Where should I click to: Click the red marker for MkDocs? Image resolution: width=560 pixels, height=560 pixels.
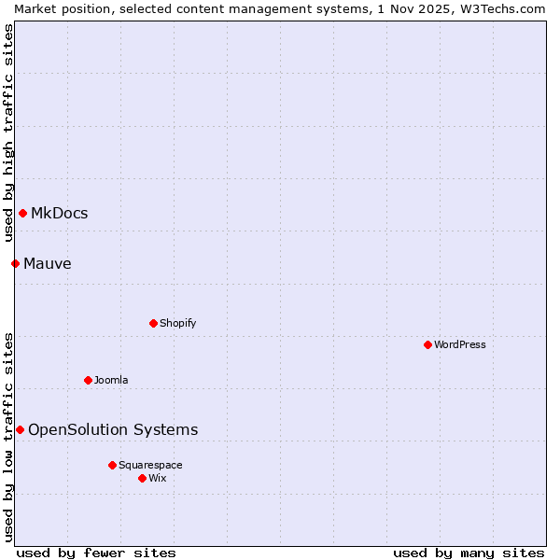[22, 214]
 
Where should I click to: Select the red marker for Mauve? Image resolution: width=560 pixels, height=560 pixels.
[15, 264]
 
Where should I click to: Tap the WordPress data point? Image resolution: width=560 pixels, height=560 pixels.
[427, 344]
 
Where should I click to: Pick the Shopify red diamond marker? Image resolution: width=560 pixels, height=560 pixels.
[153, 323]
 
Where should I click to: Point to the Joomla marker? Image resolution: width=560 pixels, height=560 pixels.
[88, 380]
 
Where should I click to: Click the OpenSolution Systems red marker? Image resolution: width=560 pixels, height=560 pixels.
[20, 429]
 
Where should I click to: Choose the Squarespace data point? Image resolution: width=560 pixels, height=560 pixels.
[112, 465]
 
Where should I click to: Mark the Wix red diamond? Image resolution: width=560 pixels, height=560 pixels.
[142, 478]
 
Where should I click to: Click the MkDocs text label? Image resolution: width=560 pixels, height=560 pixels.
[60, 214]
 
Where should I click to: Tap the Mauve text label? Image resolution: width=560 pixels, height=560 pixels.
[48, 264]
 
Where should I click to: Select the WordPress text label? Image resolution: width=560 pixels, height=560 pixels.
[460, 344]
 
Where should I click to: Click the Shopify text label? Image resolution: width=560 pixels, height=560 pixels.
[178, 323]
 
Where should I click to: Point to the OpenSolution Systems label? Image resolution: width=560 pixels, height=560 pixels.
[113, 429]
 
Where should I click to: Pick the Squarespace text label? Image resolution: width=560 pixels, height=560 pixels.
[150, 465]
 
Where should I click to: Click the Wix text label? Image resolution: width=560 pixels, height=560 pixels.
[158, 478]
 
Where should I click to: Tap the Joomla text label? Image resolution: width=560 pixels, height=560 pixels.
[111, 380]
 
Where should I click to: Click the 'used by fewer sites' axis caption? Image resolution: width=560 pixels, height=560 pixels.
[96, 553]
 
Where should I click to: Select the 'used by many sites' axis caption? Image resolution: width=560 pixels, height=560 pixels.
[469, 553]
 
